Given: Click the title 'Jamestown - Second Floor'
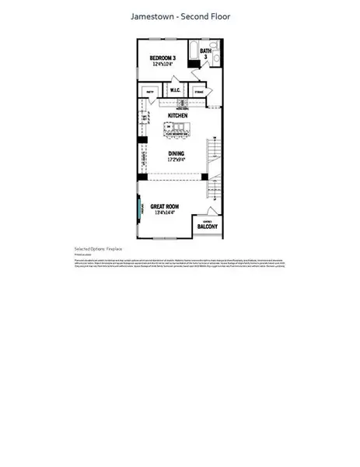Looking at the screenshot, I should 180,16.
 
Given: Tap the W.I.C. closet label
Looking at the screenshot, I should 176,90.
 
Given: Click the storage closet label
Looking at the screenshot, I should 198,90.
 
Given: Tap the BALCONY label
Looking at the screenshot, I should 207,227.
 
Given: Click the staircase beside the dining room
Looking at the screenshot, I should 215,160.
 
